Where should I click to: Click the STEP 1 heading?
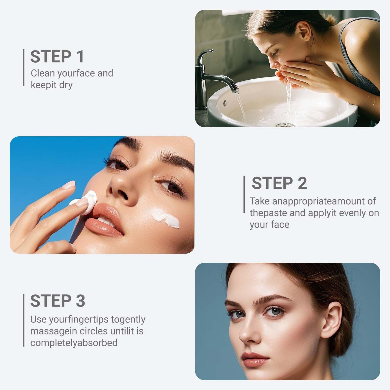point(57,57)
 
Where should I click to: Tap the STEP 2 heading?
point(279,183)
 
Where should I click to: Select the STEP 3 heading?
point(57,301)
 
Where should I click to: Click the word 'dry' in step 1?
point(66,85)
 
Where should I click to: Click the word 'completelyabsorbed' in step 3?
point(74,343)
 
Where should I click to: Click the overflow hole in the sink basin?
point(225,103)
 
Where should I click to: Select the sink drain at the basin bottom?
point(285,125)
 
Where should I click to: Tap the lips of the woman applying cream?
point(105,220)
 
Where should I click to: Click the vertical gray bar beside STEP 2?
point(244,194)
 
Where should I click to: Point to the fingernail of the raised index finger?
point(69,185)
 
